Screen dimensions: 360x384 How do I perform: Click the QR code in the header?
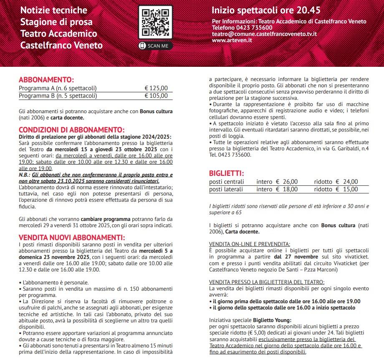[155, 23]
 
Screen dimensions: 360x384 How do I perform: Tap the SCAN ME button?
[155, 46]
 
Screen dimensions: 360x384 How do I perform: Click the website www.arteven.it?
[232, 40]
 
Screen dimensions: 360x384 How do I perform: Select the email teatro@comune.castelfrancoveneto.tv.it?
[264, 34]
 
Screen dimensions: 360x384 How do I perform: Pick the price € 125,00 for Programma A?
[156, 88]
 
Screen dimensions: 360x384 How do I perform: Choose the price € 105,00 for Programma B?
[156, 96]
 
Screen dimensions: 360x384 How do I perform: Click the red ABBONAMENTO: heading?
[46, 79]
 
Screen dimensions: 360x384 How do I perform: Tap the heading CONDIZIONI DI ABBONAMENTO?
[71, 130]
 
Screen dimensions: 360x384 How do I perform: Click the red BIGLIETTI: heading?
[226, 173]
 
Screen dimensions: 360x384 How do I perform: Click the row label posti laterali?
[226, 189]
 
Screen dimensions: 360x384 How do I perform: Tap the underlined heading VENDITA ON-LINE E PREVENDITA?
[250, 244]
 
